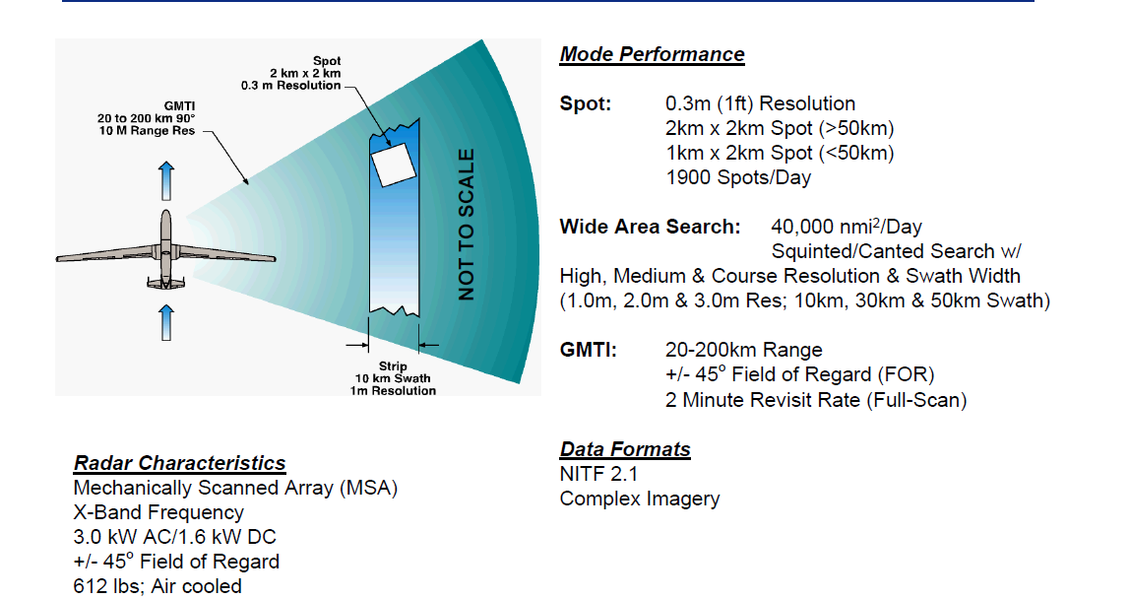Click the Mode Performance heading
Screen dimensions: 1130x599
pos(652,54)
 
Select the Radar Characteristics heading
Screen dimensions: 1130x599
pos(179,463)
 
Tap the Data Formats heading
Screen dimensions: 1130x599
pos(625,449)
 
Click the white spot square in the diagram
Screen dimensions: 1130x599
pos(396,161)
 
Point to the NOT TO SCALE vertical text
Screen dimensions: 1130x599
pos(466,225)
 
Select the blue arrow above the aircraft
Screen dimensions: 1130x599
pos(166,180)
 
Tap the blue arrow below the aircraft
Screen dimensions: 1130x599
pos(166,322)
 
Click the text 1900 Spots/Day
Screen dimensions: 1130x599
pos(739,177)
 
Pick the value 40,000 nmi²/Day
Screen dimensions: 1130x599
pos(847,227)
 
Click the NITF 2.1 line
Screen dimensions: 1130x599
pos(598,474)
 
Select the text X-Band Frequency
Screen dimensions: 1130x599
pos(158,512)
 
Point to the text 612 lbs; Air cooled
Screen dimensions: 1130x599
pos(157,586)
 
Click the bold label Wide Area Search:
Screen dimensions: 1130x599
pos(650,227)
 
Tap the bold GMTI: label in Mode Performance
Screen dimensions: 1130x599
pos(588,350)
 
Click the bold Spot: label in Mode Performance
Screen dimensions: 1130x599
pos(585,103)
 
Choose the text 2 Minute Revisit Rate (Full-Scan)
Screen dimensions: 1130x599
pos(816,399)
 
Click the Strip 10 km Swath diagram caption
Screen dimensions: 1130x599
pos(393,378)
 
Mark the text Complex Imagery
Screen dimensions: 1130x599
pos(639,499)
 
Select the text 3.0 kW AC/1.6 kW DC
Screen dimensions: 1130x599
pos(174,537)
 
